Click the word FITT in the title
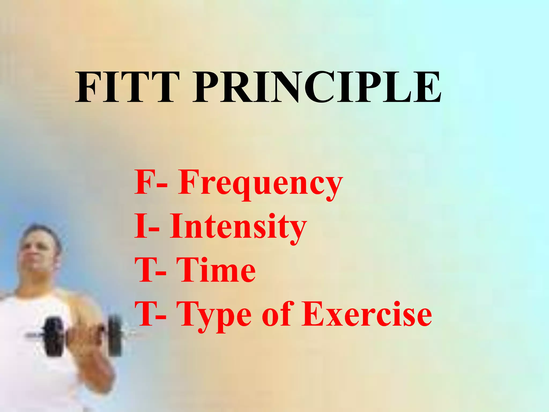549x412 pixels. pyautogui.click(x=127, y=87)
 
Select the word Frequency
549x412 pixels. pyautogui.click(x=260, y=184)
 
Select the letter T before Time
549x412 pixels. pyautogui.click(x=146, y=270)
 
